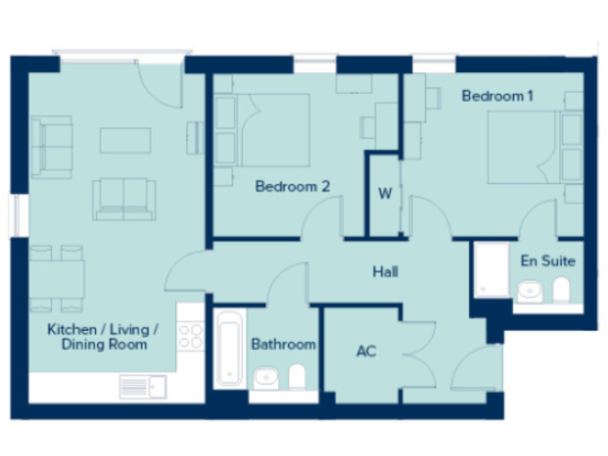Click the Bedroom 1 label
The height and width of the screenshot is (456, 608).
click(497, 96)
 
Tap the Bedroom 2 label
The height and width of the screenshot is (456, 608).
click(292, 187)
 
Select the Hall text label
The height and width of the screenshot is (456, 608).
click(385, 272)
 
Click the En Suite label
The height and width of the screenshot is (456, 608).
click(547, 260)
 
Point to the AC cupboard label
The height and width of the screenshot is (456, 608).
click(365, 351)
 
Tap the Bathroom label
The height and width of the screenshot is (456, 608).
click(283, 344)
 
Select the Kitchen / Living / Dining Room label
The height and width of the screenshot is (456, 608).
click(103, 336)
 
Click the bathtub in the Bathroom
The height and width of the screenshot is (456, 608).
click(230, 348)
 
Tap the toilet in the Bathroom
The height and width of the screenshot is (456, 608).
click(297, 377)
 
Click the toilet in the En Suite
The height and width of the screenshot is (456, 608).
click(561, 290)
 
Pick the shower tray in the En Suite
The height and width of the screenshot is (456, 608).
click(492, 270)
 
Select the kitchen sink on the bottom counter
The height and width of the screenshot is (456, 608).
click(142, 386)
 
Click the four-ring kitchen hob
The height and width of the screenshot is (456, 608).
click(191, 336)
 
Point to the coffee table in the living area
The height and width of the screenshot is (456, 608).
click(125, 140)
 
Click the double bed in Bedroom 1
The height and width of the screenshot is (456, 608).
click(522, 147)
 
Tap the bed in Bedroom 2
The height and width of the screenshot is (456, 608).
click(274, 130)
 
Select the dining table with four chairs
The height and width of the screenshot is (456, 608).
click(56, 278)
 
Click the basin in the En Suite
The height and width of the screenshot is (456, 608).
click(530, 291)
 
